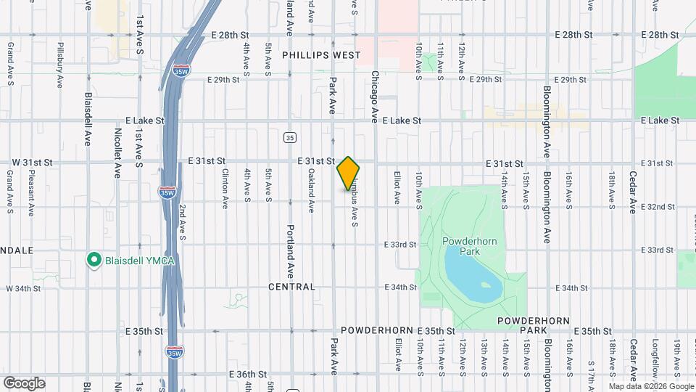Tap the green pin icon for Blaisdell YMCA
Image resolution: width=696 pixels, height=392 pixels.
pos(93,259)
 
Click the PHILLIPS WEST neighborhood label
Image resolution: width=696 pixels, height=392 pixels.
pos(320,55)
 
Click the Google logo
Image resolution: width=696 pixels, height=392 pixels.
pos(24,383)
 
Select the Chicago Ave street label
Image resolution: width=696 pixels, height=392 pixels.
pos(376,96)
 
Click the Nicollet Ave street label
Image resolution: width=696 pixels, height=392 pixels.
pos(117,153)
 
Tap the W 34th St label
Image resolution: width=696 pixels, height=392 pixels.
pos(23,289)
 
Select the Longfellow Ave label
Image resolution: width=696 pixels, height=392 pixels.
pos(655,361)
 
